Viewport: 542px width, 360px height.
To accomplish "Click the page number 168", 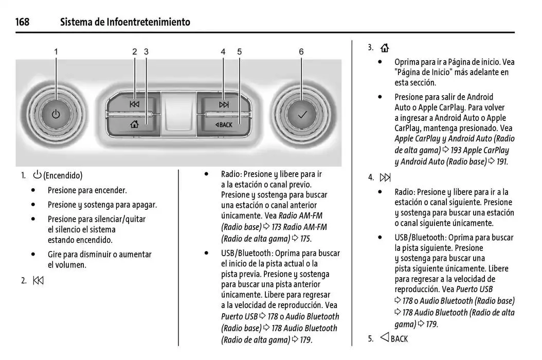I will click(22, 22).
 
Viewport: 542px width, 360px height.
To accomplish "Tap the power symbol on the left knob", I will click(56, 114).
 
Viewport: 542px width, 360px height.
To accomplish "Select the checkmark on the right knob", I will click(301, 114).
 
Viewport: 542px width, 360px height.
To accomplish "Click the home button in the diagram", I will click(135, 124).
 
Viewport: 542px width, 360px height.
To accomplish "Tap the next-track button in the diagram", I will click(224, 104).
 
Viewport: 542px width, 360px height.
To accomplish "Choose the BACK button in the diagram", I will click(224, 124).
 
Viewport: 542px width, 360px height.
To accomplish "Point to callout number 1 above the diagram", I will click(56, 51).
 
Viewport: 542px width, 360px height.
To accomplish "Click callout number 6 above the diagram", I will click(301, 51).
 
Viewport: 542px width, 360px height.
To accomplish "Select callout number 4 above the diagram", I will click(223, 51).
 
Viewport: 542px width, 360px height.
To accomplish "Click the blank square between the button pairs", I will click(178, 114).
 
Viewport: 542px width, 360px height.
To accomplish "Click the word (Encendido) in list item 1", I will click(63, 176).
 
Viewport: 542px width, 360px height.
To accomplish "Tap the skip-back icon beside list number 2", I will click(39, 281).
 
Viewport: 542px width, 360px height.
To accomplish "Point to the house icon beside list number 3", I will click(385, 48).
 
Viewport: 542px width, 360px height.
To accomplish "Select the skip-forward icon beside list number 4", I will click(385, 178).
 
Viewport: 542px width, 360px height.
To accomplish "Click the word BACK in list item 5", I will click(399, 338).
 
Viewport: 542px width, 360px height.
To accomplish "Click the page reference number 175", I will click(305, 239).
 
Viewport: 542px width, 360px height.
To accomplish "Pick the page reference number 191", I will click(501, 161).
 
